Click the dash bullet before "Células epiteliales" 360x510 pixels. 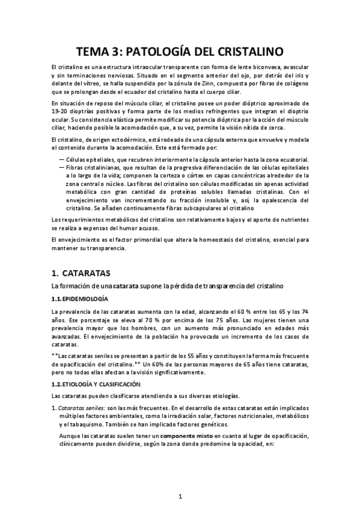tap(62, 159)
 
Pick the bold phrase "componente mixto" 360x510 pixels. tap(188, 435)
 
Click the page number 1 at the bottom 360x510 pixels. tap(180, 497)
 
